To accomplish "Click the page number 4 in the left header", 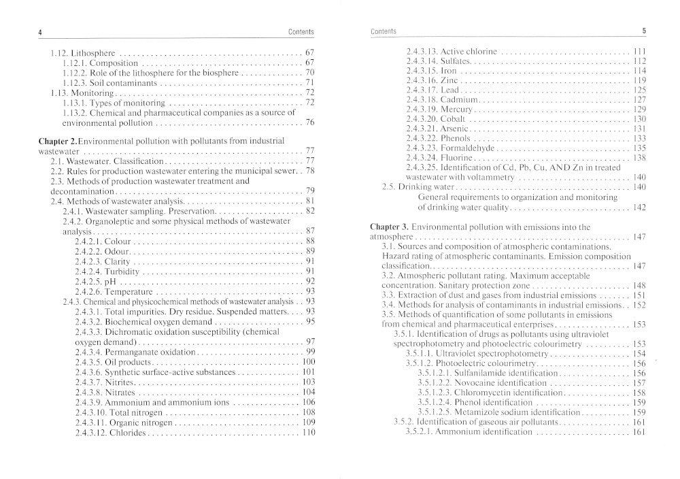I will click(41, 32).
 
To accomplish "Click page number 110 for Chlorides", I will click(309, 433).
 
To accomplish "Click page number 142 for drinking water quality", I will click(639, 208).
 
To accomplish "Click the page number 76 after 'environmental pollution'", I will click(309, 123).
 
